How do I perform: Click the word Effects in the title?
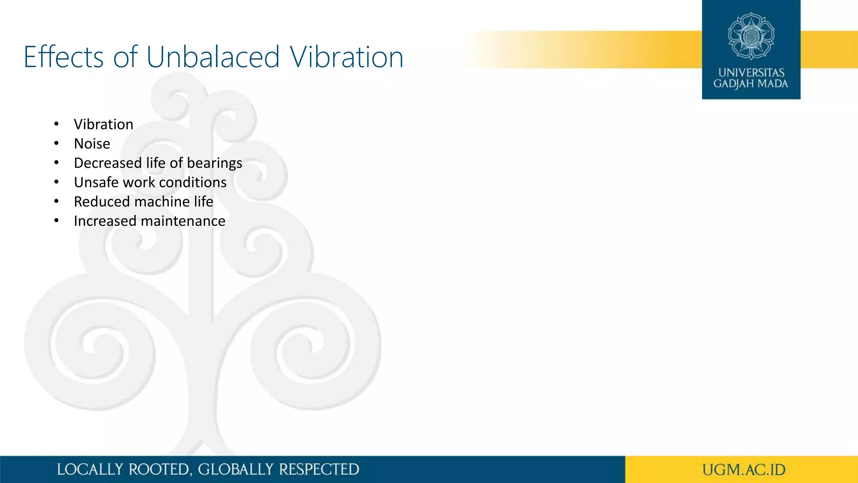coord(63,57)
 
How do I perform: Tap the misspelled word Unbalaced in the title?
coord(213,57)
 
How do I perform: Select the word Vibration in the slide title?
coord(347,57)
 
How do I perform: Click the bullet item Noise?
coord(92,144)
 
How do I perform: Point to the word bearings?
coord(214,163)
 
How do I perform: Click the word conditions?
coord(193,182)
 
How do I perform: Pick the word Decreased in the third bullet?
coord(108,163)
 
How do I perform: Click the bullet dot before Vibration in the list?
coord(57,124)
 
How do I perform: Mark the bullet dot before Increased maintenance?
coord(57,221)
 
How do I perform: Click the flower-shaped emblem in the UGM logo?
coord(751,36)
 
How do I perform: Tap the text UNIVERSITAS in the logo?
coord(751,73)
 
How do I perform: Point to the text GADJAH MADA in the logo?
coord(751,84)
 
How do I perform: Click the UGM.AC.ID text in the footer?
coord(744,470)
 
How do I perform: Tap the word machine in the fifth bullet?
coord(161,202)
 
